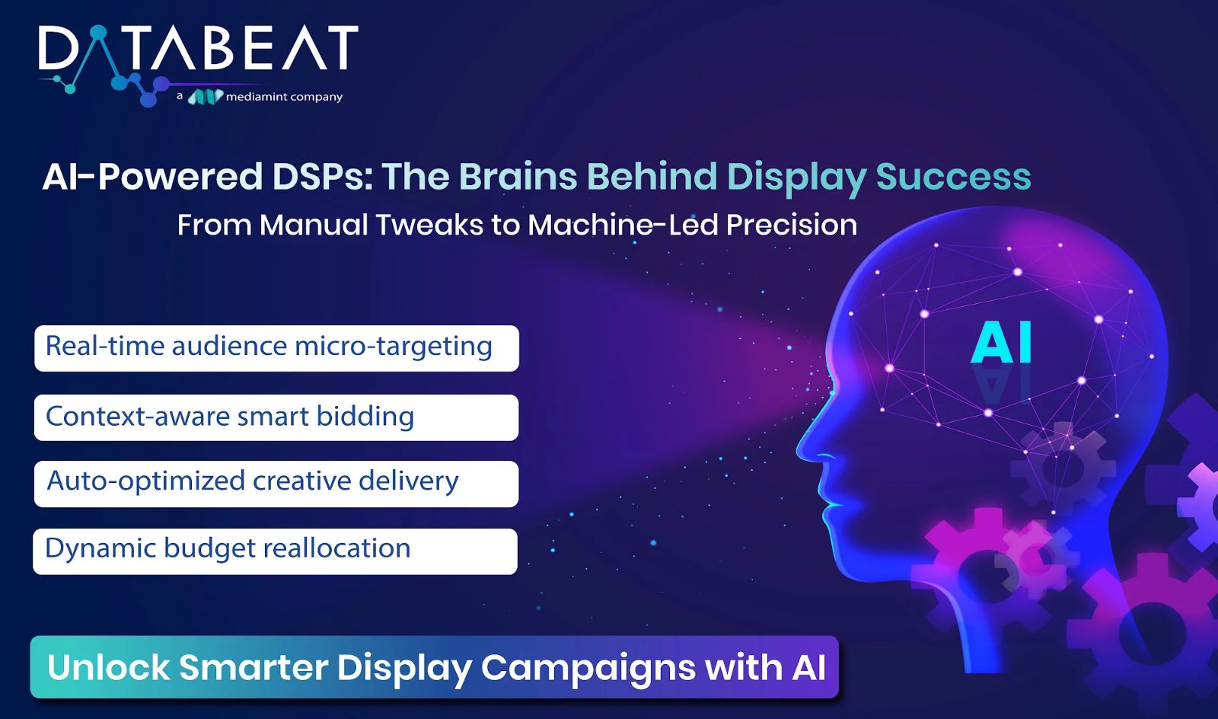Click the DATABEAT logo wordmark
point(199,48)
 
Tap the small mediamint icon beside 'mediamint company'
point(205,97)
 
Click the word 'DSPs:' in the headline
point(323,177)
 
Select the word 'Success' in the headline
point(953,177)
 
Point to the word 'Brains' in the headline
point(518,177)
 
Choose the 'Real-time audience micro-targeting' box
point(277,349)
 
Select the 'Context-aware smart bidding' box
point(276,417)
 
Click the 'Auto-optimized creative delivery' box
point(276,484)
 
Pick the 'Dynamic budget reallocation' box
point(275,551)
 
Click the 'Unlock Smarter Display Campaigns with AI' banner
point(435,666)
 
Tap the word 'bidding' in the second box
point(365,417)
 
